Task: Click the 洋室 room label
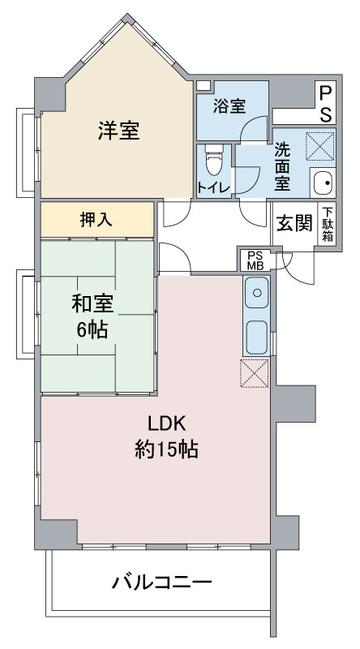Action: (x=118, y=131)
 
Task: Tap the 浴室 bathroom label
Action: (x=229, y=106)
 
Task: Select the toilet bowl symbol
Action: (x=214, y=160)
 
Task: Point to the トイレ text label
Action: (x=213, y=188)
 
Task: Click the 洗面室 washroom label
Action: (x=282, y=166)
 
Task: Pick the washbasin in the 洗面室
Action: (x=323, y=183)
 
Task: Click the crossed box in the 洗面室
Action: (x=319, y=147)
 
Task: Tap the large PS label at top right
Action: (x=326, y=104)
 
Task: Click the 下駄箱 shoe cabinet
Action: (x=327, y=224)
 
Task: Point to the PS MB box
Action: (x=255, y=260)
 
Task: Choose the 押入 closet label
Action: (x=96, y=220)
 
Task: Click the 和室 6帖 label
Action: (x=92, y=317)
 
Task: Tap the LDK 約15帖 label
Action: (x=166, y=436)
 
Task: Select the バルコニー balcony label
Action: (x=162, y=583)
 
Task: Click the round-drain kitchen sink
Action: (x=256, y=293)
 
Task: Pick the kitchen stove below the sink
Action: (x=256, y=337)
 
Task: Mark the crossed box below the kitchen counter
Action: (x=255, y=373)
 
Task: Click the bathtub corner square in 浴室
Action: (x=204, y=86)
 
